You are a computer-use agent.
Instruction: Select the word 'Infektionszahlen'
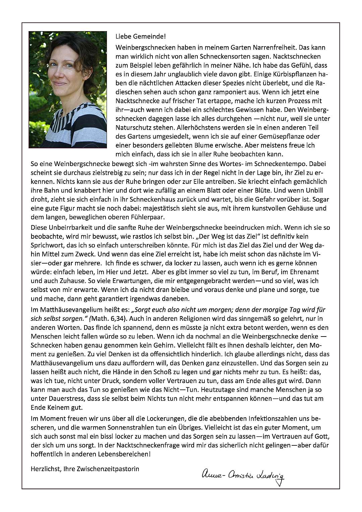pyautogui.click(x=273, y=419)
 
